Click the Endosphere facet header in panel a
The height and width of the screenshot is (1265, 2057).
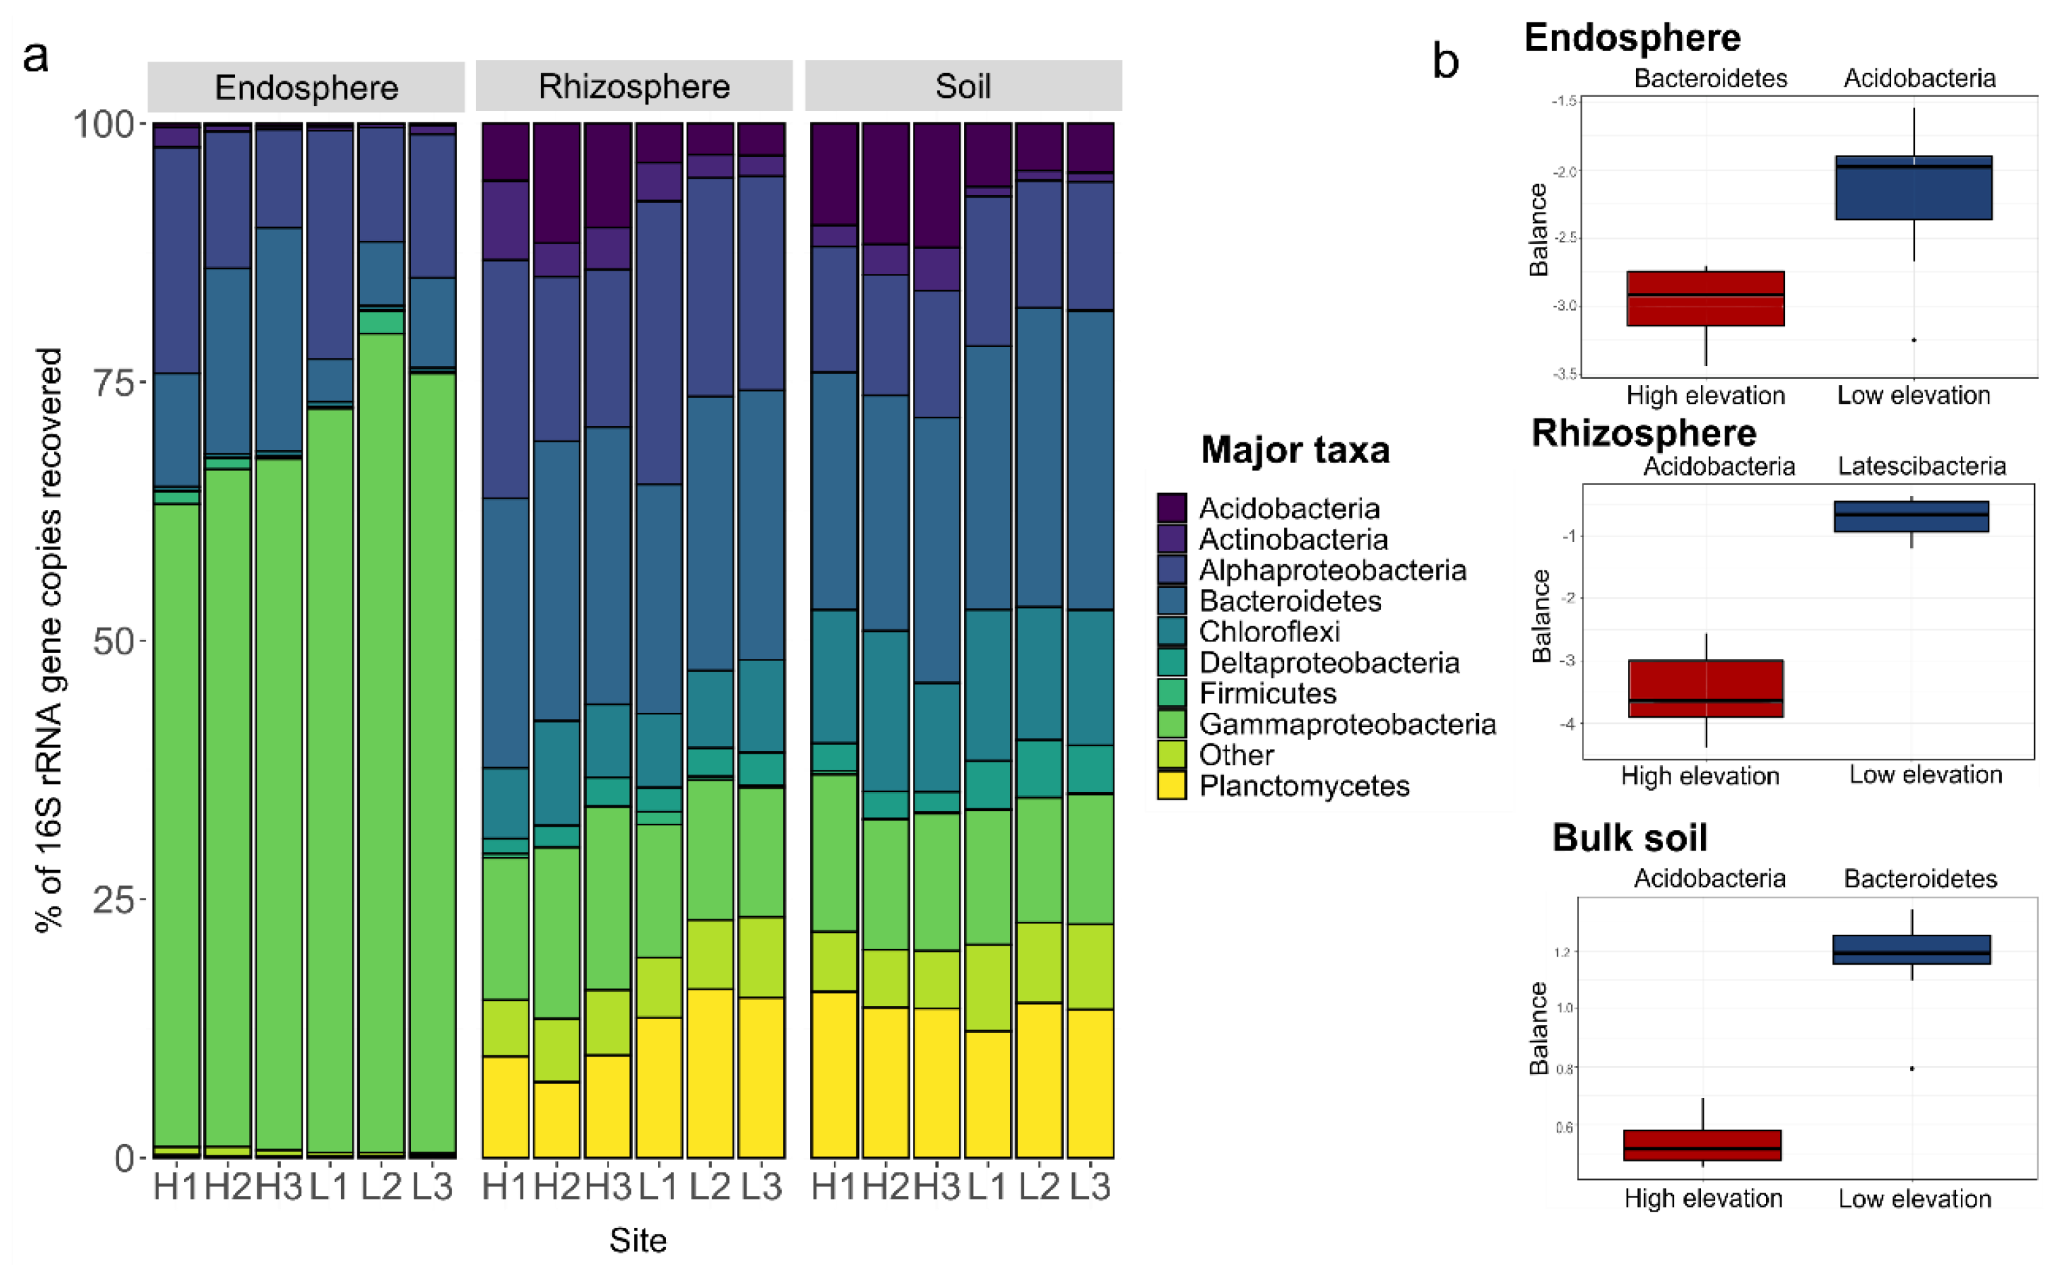(x=307, y=87)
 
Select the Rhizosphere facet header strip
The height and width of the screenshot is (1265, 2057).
(x=634, y=86)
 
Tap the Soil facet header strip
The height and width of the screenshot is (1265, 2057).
(x=963, y=85)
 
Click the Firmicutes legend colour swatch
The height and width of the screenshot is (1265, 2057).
(x=1171, y=693)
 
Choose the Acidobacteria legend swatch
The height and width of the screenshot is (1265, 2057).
(x=1171, y=508)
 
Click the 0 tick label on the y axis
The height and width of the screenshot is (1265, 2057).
(x=124, y=1158)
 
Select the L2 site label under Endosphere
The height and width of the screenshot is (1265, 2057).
(x=381, y=1187)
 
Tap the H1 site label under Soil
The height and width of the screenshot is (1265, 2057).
(x=835, y=1187)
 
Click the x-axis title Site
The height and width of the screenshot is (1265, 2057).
(x=638, y=1240)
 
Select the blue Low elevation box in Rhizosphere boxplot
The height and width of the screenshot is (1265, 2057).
(x=1911, y=516)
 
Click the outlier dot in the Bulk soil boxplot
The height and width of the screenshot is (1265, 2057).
(x=1911, y=1068)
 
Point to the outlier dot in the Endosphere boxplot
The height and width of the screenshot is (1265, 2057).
(x=1914, y=340)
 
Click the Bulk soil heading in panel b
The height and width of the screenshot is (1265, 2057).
(x=1629, y=837)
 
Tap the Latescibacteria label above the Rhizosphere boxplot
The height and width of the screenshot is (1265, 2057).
(x=1922, y=466)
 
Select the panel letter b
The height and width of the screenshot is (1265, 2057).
(x=1445, y=62)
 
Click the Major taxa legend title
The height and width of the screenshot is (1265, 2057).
(x=1295, y=450)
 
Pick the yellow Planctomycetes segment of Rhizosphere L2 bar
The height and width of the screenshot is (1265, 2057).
(x=709, y=1074)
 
